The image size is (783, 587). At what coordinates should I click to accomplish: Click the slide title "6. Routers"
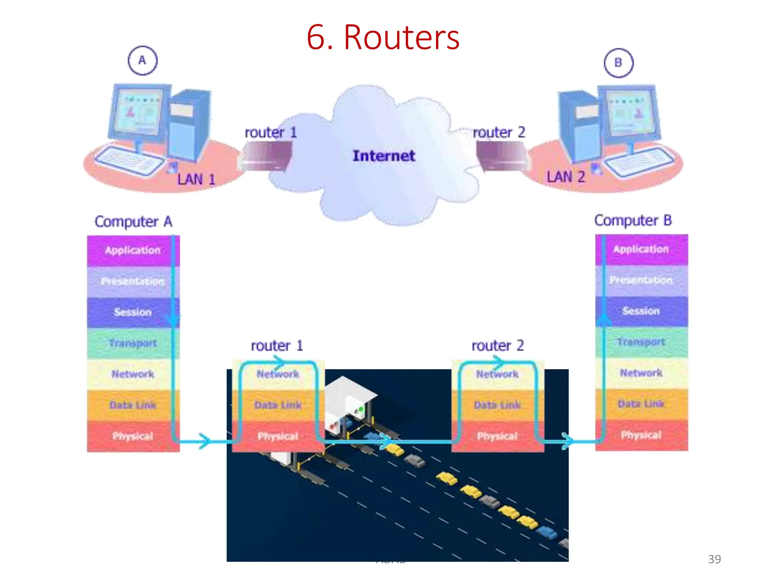click(383, 37)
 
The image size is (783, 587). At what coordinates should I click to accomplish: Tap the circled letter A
click(142, 60)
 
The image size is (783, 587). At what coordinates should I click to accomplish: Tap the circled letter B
click(618, 63)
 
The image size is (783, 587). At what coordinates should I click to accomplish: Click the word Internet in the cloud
click(383, 156)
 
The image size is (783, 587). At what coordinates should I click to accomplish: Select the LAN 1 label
click(196, 179)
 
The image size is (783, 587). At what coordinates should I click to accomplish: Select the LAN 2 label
click(565, 177)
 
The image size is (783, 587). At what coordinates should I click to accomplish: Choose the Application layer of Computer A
click(133, 250)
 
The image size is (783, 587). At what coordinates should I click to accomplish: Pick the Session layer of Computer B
click(641, 311)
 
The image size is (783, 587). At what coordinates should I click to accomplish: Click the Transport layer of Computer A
click(133, 343)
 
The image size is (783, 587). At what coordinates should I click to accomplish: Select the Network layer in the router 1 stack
click(278, 374)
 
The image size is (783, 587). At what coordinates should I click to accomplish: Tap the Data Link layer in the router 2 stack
click(497, 405)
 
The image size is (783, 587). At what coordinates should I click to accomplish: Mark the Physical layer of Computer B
click(641, 435)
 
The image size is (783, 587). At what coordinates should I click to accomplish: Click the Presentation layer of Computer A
click(133, 281)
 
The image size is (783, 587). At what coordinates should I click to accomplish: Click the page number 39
click(714, 559)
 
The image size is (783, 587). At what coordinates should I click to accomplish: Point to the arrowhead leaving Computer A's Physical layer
click(205, 441)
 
